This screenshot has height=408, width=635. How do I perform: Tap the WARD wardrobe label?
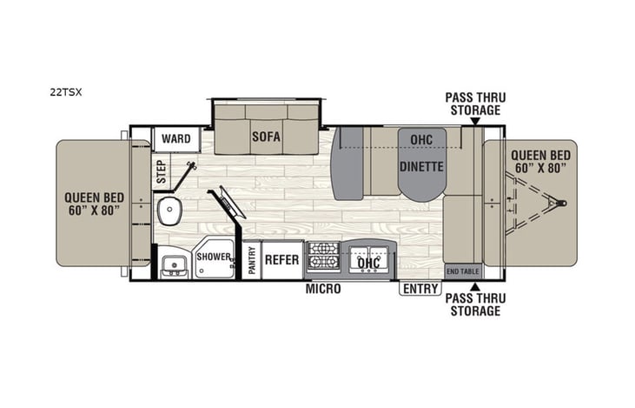point(176,138)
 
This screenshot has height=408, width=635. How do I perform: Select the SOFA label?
point(266,137)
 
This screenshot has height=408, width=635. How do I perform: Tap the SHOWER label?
point(214,258)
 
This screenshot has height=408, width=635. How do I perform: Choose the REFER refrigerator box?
point(281,260)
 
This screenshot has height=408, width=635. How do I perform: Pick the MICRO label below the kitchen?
point(322,289)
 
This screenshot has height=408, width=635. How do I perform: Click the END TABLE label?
point(462,271)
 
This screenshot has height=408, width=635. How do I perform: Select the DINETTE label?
point(422,165)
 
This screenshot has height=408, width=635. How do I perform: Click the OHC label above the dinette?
point(422,138)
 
